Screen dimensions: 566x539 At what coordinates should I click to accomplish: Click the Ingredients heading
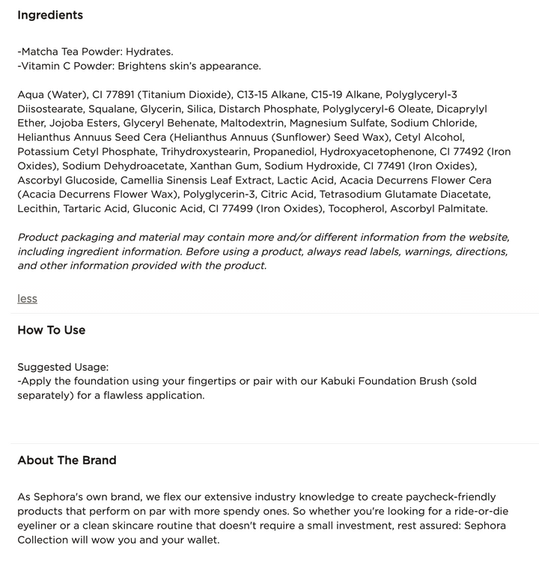click(x=50, y=15)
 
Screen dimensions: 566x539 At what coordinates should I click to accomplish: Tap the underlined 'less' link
click(x=27, y=298)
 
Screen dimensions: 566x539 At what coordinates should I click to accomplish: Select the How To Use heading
click(x=51, y=330)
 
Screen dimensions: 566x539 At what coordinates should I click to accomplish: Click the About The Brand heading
click(x=67, y=460)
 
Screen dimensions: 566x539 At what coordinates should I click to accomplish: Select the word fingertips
click(x=204, y=381)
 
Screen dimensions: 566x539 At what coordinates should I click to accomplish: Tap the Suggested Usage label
click(x=63, y=367)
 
